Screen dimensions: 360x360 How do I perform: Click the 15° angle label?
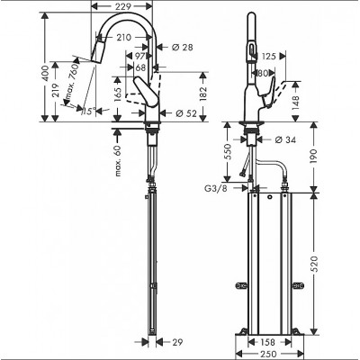(x=87, y=112)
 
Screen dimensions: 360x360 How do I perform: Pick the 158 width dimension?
(x=269, y=341)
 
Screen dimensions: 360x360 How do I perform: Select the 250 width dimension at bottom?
(x=269, y=353)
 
